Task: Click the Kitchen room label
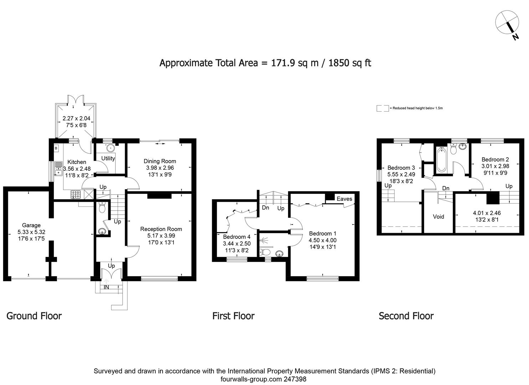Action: (77, 162)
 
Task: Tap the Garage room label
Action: (31, 225)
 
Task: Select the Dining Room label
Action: (160, 161)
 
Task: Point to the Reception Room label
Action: (161, 229)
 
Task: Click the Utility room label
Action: (108, 158)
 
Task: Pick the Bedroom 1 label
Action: (323, 233)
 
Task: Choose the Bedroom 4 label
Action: (237, 237)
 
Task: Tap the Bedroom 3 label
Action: (401, 168)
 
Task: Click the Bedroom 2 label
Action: (495, 159)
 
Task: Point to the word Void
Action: (438, 216)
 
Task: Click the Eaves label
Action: (344, 199)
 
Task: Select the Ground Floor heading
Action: (34, 316)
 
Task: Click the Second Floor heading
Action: (406, 316)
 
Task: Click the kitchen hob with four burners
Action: (76, 194)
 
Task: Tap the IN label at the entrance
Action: (106, 287)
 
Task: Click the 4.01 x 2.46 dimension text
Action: (487, 213)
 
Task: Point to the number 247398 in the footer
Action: (294, 379)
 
